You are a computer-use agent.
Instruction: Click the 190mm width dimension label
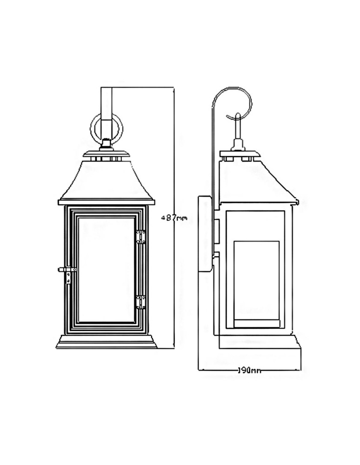[249, 371]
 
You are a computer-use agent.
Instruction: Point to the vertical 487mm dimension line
[174, 288]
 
